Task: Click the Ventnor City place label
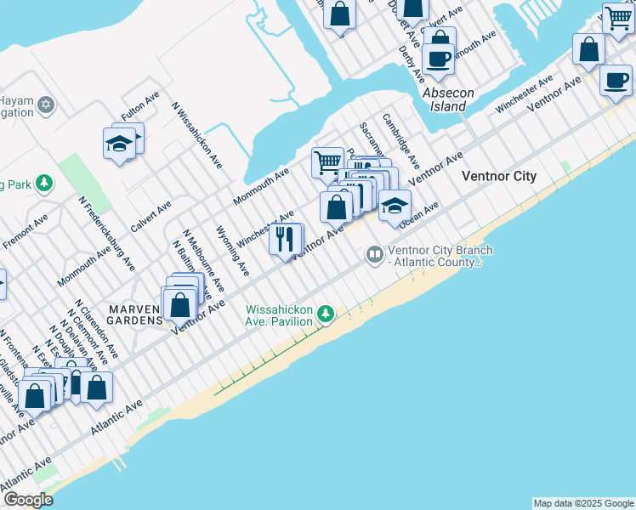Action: tap(499, 176)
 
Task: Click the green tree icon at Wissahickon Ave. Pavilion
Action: tap(324, 315)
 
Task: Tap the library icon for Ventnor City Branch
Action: tap(374, 254)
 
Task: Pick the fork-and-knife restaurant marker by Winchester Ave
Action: tap(286, 238)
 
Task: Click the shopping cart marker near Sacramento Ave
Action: tap(327, 161)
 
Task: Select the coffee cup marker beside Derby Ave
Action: tap(439, 58)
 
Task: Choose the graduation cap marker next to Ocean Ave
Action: tap(395, 206)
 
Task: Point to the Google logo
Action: tap(28, 501)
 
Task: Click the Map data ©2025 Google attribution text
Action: tap(583, 503)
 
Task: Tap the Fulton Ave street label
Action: tap(140, 106)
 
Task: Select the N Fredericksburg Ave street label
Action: tap(107, 234)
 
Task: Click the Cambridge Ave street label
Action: tap(400, 140)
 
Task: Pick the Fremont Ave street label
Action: tap(26, 232)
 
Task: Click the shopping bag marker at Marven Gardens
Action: tap(179, 304)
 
